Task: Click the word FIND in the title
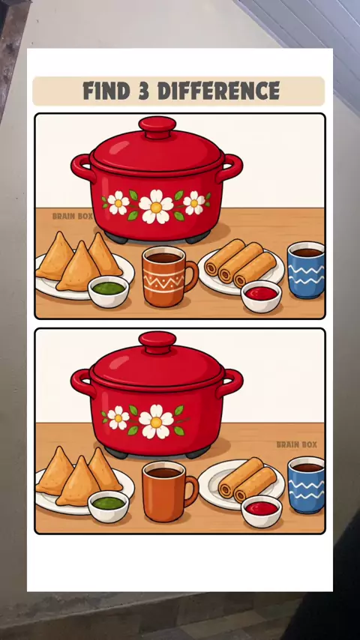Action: pyautogui.click(x=107, y=91)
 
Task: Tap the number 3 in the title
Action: pyautogui.click(x=144, y=91)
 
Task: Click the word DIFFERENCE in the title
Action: pyautogui.click(x=218, y=91)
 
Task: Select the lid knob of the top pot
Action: pyautogui.click(x=157, y=126)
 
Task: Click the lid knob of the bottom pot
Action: pyautogui.click(x=157, y=342)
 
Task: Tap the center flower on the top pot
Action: pyautogui.click(x=156, y=207)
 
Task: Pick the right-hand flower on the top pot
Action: pyautogui.click(x=193, y=203)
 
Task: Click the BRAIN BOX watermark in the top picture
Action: pyautogui.click(x=73, y=217)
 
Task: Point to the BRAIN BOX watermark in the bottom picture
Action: pyautogui.click(x=297, y=444)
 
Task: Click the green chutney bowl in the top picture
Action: pyautogui.click(x=108, y=292)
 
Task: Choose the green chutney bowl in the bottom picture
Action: pyautogui.click(x=108, y=507)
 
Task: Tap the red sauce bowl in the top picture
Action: pyautogui.click(x=261, y=296)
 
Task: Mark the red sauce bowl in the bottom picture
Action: pyautogui.click(x=261, y=511)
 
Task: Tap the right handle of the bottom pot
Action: pyautogui.click(x=231, y=383)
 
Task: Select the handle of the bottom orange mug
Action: pyautogui.click(x=191, y=490)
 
